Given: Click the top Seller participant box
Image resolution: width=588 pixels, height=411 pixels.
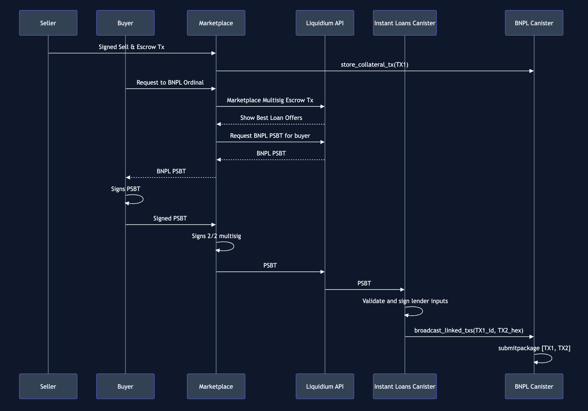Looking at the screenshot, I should point(48,23).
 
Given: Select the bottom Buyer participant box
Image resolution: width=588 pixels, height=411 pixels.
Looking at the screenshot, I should point(125,386).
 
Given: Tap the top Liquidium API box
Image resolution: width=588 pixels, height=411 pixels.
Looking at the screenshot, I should point(325,23).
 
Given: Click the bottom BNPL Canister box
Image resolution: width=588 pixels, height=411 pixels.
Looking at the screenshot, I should point(534,386).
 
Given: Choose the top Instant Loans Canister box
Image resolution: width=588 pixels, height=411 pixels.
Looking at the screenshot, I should point(405,23).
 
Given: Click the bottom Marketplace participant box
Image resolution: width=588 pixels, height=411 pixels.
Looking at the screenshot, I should point(216,386).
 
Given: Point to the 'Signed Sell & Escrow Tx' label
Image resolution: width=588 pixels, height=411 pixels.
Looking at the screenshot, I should point(131,47).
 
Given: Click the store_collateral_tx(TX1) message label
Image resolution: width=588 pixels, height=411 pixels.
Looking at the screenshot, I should point(374,64).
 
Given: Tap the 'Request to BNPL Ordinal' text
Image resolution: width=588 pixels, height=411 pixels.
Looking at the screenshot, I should point(170,82).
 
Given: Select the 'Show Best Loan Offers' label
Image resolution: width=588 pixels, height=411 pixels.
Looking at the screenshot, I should point(271,118).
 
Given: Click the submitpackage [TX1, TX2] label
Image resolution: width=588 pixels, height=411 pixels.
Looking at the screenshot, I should point(534,348).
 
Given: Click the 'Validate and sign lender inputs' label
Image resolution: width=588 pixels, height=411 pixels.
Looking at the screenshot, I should point(405,301).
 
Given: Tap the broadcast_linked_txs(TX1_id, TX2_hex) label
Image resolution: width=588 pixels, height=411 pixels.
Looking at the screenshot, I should point(469,330).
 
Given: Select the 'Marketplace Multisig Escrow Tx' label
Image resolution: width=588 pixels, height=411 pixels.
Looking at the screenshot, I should point(270,100).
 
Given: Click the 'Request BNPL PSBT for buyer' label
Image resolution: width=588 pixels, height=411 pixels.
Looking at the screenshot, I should point(270,136).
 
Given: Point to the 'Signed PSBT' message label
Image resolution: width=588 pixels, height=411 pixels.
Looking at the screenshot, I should point(170,218).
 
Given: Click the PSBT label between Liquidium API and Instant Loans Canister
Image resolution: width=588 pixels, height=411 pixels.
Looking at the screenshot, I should point(364,283).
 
